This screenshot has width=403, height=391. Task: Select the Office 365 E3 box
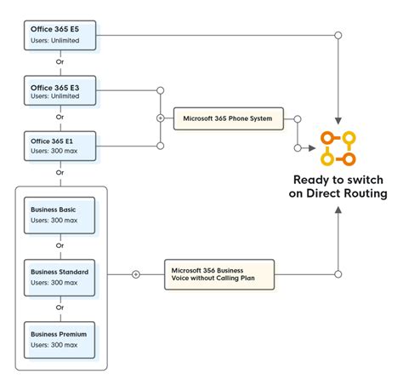(60, 90)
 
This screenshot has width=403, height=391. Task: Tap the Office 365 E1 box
(60, 145)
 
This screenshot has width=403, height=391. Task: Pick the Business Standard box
(60, 276)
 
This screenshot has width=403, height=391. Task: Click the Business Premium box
(60, 338)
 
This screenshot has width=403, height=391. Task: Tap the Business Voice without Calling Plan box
(220, 274)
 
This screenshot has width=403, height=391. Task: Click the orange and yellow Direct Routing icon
(338, 148)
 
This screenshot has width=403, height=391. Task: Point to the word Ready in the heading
(312, 180)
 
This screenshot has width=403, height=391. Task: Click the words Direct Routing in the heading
(350, 194)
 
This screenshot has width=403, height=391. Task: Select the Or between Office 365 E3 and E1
(60, 118)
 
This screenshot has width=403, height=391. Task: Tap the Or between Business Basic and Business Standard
(60, 246)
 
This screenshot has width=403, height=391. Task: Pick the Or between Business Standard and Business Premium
(60, 308)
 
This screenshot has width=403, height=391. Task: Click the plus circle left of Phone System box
(160, 118)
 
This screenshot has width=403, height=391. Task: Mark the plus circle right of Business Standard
(135, 274)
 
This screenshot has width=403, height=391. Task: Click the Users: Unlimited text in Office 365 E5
(54, 41)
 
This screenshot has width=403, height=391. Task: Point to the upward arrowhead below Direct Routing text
(338, 210)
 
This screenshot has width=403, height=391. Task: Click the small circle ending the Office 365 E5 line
(338, 36)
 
